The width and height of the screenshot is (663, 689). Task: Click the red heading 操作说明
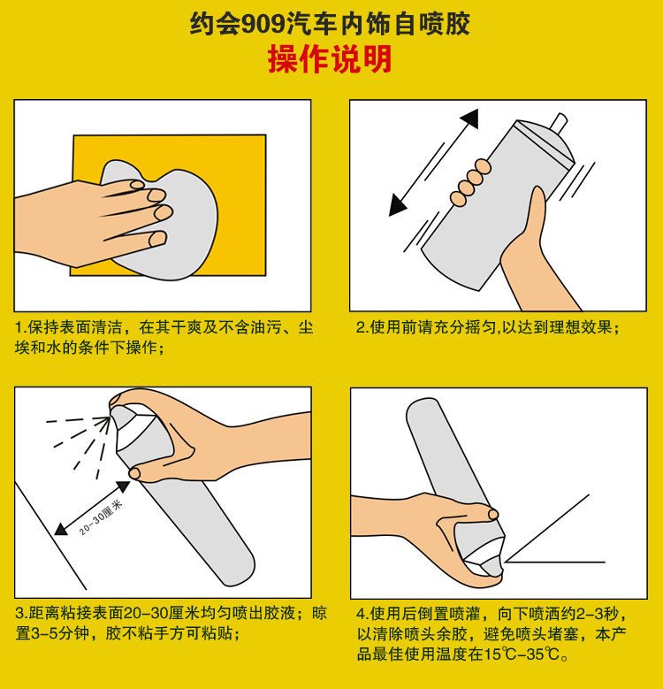coord(330,59)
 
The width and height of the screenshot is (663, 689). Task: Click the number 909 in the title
coord(263,24)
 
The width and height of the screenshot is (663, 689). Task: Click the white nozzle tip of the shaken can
coord(560,122)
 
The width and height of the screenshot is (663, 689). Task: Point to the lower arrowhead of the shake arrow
coord(397,206)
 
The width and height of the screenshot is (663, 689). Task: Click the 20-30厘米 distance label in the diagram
coord(101,517)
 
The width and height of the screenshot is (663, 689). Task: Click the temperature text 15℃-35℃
coord(522,655)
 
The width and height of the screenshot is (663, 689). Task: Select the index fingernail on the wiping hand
coord(137,185)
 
